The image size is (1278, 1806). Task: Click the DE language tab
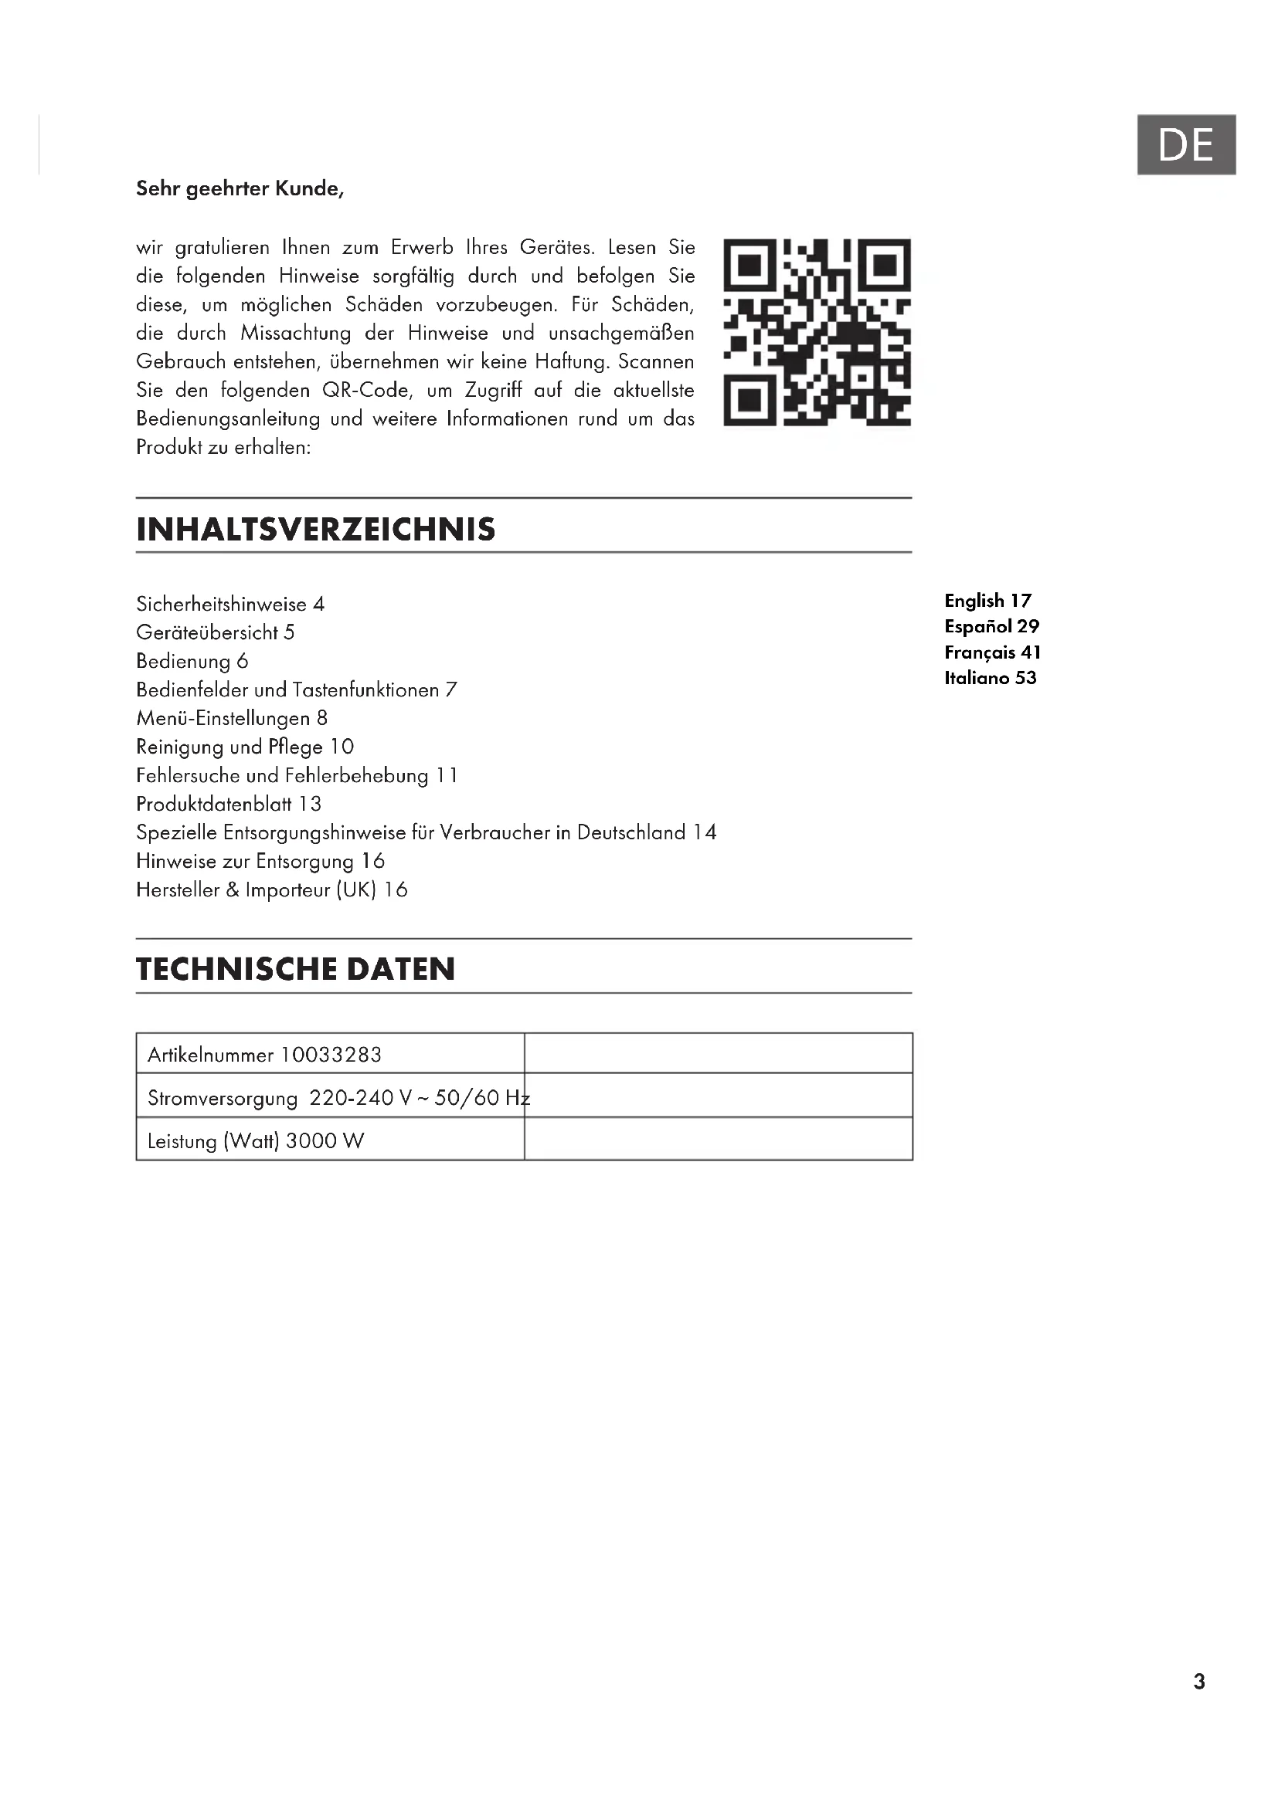tap(1186, 144)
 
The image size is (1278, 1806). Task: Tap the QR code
tap(817, 332)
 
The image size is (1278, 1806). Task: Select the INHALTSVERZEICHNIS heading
tap(315, 530)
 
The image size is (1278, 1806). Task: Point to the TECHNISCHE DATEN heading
tap(295, 968)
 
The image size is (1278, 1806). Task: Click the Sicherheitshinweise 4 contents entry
tap(229, 604)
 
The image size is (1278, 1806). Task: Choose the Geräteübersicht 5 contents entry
tap(215, 632)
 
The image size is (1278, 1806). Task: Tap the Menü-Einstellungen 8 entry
tap(231, 718)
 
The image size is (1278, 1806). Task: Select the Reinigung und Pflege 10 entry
tap(245, 747)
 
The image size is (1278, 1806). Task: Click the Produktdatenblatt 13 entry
tap(228, 804)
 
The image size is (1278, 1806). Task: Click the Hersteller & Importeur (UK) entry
tap(271, 889)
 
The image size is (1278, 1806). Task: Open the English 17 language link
tap(987, 601)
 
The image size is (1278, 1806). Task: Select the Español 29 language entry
tap(991, 627)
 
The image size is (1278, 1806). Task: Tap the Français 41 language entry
tap(992, 652)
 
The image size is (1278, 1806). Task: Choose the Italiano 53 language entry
tap(990, 678)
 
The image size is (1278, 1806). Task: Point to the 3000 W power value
tap(325, 1141)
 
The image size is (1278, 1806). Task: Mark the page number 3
tap(1198, 1682)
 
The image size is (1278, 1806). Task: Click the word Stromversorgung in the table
tap(222, 1098)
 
